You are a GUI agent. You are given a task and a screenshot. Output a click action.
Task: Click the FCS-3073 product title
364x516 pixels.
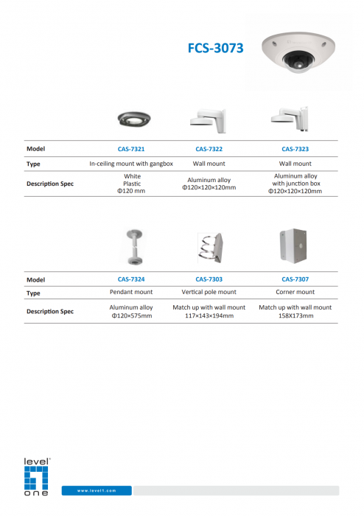click(214, 49)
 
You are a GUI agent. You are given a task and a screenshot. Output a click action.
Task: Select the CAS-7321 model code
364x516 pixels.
click(131, 148)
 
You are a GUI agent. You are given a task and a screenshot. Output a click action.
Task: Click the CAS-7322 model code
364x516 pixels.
click(209, 148)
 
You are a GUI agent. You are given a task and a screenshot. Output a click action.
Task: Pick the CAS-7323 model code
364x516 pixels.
click(295, 148)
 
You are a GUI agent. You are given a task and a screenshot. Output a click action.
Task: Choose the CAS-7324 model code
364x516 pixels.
click(131, 279)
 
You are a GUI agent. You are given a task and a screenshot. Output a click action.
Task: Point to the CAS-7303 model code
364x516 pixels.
click(209, 279)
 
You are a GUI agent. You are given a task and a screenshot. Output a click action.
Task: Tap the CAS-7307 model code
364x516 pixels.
click(295, 279)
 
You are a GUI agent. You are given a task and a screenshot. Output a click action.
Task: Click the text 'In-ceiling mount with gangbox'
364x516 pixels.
click(131, 164)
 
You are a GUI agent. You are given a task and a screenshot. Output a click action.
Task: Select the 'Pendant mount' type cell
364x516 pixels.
click(131, 293)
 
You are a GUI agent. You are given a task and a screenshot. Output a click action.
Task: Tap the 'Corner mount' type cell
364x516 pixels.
click(295, 293)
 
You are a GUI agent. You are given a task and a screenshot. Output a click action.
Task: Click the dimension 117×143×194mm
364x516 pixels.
click(209, 315)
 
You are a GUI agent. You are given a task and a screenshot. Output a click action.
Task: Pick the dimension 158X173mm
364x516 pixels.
click(295, 315)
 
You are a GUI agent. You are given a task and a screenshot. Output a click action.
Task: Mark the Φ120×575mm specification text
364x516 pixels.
click(131, 315)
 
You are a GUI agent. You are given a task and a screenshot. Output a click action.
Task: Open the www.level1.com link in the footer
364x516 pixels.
click(97, 490)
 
